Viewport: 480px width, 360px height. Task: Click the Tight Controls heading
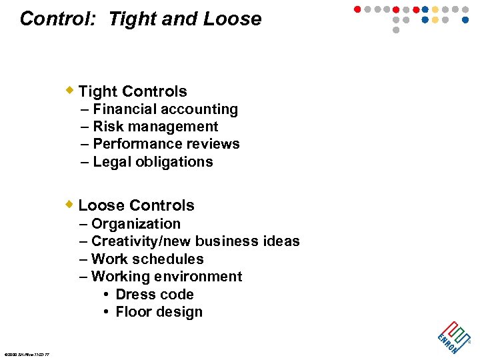click(x=133, y=91)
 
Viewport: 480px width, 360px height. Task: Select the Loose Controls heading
click(x=137, y=205)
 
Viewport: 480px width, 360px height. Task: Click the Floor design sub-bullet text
click(x=159, y=312)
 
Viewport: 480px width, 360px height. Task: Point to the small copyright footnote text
click(x=31, y=354)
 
